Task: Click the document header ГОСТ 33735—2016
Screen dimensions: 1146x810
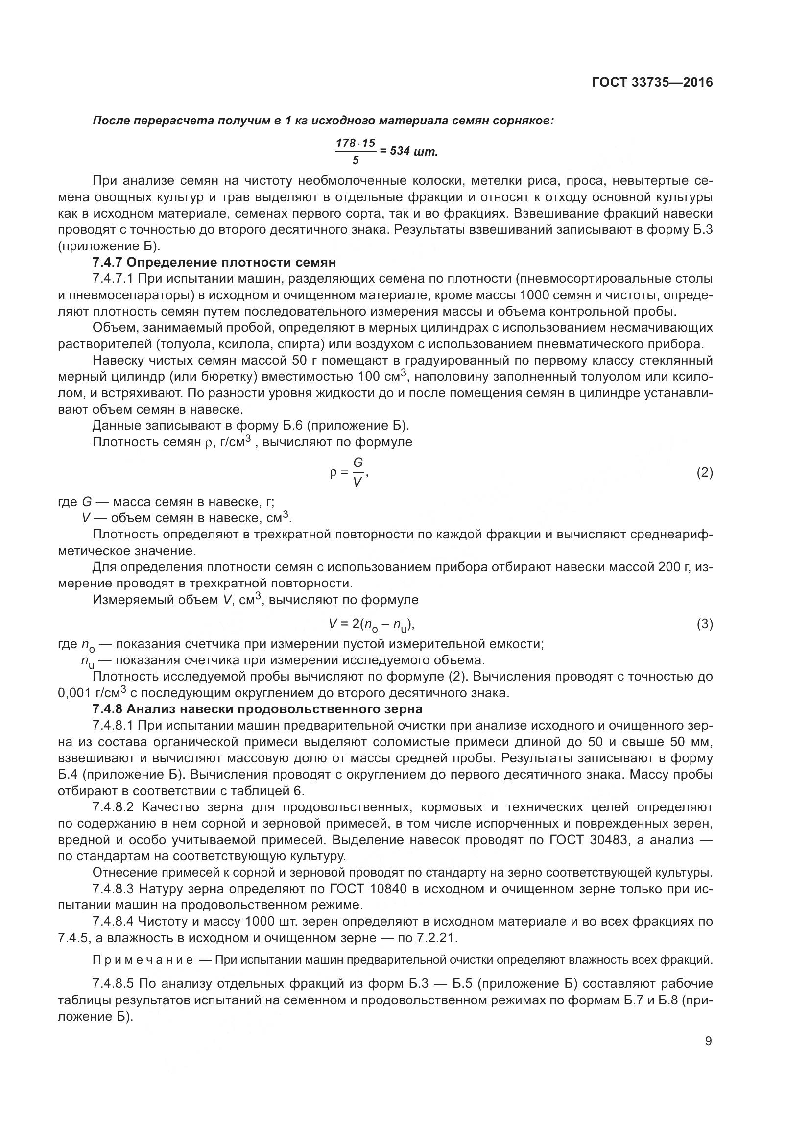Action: pyautogui.click(x=652, y=82)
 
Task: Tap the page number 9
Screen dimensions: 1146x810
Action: pyautogui.click(x=708, y=1041)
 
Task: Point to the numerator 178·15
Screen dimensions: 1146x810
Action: pyautogui.click(x=355, y=143)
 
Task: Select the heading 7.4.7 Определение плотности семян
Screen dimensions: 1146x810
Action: pyautogui.click(x=214, y=262)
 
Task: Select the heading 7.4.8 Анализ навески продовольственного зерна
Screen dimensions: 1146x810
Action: pyautogui.click(x=258, y=709)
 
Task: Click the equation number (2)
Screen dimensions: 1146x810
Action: pyautogui.click(x=704, y=473)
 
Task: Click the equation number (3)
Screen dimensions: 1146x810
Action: pyautogui.click(x=704, y=624)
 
